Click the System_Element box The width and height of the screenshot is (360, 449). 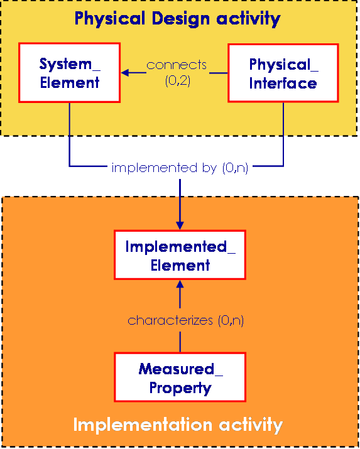[x=69, y=73]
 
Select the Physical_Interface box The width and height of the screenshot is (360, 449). [x=283, y=73]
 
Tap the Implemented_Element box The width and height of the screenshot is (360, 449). [x=180, y=255]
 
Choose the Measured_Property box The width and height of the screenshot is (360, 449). [x=180, y=377]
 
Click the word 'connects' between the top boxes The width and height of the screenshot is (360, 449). [x=177, y=65]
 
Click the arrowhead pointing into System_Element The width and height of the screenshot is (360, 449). [x=125, y=72]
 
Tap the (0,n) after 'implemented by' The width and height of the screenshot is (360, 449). [x=235, y=168]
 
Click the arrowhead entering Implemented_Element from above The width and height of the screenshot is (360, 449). [x=180, y=225]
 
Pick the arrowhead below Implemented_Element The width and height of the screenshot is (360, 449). [x=180, y=284]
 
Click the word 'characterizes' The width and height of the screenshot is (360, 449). [x=170, y=320]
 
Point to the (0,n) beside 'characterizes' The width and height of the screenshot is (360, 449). [x=231, y=320]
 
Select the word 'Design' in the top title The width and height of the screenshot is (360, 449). [x=181, y=19]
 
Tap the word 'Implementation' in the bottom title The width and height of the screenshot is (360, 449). [x=143, y=425]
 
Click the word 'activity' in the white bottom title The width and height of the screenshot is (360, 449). [x=251, y=425]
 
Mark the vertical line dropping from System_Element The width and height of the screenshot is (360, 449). [x=69, y=134]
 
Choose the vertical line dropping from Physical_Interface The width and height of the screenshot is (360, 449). [x=283, y=134]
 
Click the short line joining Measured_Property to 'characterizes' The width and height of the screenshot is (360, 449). [x=180, y=342]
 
